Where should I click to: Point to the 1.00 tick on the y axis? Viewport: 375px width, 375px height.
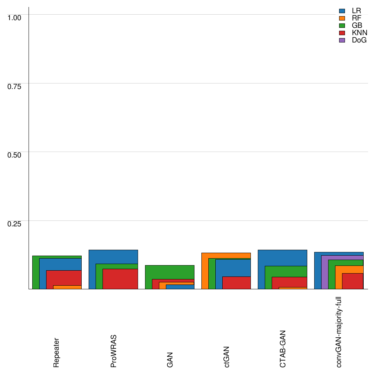[x=15, y=17]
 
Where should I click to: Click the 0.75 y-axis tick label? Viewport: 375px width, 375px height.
[x=15, y=86]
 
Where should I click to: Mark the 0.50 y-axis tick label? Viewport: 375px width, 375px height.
[x=15, y=155]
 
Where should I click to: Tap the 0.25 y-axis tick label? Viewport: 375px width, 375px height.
[x=15, y=223]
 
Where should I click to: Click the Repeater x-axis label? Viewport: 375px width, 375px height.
[x=56, y=352]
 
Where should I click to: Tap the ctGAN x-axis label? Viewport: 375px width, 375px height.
[x=227, y=356]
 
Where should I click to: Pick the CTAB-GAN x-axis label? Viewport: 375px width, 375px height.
[x=283, y=349]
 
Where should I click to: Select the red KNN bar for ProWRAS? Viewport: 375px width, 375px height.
[x=120, y=279]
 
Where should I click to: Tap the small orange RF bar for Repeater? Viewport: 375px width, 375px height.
[x=67, y=287]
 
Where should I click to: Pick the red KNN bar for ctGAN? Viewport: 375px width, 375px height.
[x=236, y=283]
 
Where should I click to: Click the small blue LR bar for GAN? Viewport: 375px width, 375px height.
[x=180, y=287]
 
